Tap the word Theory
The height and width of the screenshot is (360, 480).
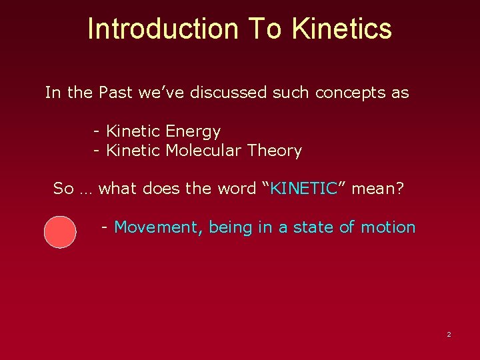point(275,151)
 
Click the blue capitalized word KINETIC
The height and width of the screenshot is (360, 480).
point(304,189)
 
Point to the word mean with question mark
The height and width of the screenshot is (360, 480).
point(377,189)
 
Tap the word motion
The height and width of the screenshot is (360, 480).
point(388,227)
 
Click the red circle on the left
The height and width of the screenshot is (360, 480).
point(60,232)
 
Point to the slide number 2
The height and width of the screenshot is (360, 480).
point(449,334)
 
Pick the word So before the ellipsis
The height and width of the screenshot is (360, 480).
point(63,189)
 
